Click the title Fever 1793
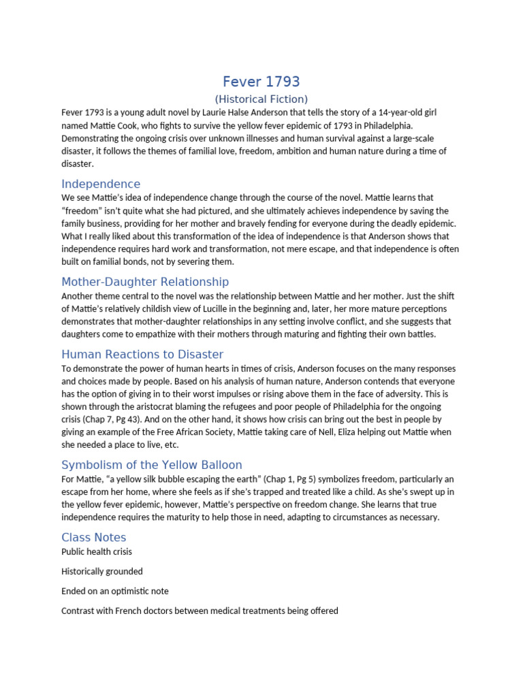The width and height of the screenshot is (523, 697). pyautogui.click(x=261, y=82)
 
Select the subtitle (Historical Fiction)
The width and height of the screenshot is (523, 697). pyautogui.click(x=261, y=99)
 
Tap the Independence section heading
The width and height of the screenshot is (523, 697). pyautogui.click(x=101, y=184)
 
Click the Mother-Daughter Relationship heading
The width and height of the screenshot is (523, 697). pyautogui.click(x=145, y=281)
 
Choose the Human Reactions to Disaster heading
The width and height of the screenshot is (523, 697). pyautogui.click(x=142, y=354)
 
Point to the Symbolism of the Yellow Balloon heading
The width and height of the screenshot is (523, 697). pyautogui.click(x=151, y=465)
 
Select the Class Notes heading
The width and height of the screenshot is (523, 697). pyautogui.click(x=94, y=537)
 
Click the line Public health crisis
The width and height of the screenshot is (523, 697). pyautogui.click(x=97, y=551)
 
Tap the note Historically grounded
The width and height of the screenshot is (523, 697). pyautogui.click(x=102, y=571)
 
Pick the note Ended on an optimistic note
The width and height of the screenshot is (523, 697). pyautogui.click(x=115, y=591)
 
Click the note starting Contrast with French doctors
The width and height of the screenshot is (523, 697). pyautogui.click(x=200, y=611)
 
